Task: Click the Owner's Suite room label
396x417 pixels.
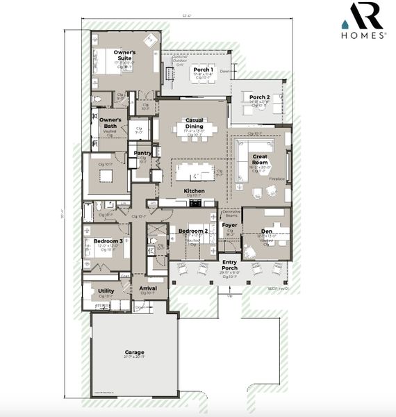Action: click(125, 55)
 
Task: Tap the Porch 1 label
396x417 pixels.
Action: click(202, 69)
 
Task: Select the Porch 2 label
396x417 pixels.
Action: click(259, 97)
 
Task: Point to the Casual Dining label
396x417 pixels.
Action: click(189, 123)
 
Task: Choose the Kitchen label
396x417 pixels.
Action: click(194, 190)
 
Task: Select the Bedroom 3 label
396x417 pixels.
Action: click(108, 241)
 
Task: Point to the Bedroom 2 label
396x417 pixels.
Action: click(192, 231)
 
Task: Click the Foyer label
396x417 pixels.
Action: click(230, 226)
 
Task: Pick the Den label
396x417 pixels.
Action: click(267, 231)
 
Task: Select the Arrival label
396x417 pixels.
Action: click(147, 287)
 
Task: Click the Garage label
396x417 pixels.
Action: click(134, 352)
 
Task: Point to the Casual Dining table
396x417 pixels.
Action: click(195, 136)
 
